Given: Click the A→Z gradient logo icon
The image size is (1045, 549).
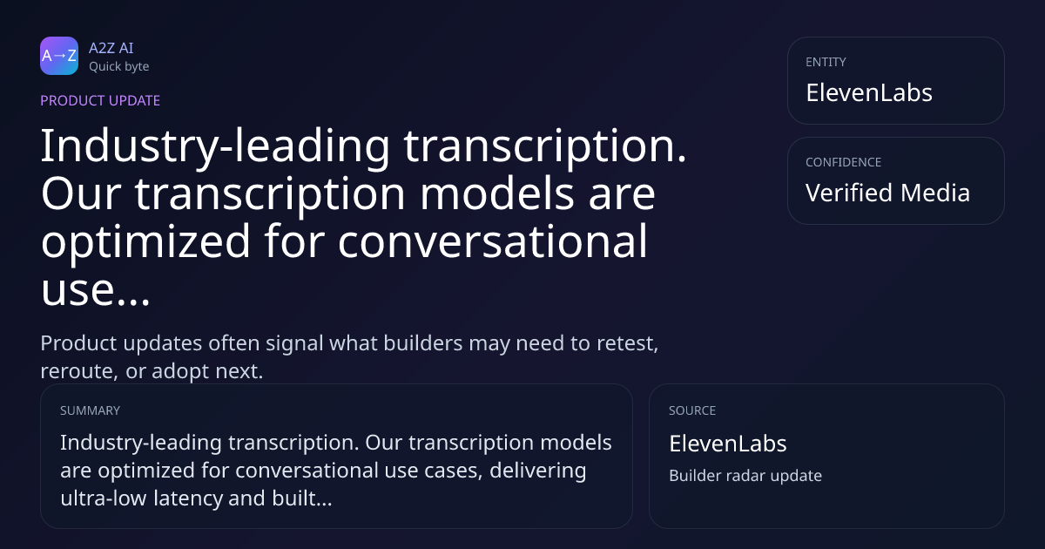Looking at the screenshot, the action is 59,56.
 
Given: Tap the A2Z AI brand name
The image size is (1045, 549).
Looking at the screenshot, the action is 111,48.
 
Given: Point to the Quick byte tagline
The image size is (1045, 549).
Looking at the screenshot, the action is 119,67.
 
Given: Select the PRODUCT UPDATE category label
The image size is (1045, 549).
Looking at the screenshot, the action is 100,101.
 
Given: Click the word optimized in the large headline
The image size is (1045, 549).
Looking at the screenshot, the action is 145,242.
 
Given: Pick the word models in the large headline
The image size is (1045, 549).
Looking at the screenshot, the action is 496,193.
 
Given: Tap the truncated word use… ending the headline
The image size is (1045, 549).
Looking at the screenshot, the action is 95,289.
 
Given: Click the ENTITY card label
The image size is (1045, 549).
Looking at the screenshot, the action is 826,62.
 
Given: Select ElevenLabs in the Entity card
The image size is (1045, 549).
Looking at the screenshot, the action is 869,93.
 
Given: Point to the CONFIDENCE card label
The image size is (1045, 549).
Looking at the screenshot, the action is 844,162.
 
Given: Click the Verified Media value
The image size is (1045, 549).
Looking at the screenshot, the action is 887,193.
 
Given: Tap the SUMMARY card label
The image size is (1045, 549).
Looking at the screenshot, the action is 90,410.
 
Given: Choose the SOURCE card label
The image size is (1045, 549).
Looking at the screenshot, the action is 692,410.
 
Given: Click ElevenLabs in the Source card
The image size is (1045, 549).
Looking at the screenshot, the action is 728,444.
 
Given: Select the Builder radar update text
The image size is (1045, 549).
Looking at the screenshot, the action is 745,476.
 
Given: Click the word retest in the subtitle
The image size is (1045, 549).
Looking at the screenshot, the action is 628,344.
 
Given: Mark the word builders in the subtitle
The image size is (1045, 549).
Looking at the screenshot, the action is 423,343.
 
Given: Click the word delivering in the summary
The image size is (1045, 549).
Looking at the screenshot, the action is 538,471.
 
